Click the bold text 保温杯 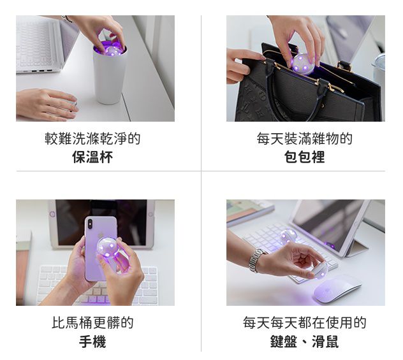[92, 157]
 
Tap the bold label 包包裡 [305, 157]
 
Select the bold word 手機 [92, 342]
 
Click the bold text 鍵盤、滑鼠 [305, 342]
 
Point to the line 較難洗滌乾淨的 [92, 138]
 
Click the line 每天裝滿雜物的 [305, 138]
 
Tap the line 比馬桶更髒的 [92, 323]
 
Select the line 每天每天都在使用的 [305, 323]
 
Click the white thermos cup [110, 76]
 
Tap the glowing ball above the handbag [303, 64]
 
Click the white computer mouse [337, 289]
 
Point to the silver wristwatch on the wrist [255, 261]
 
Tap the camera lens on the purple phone [90, 224]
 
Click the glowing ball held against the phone [108, 248]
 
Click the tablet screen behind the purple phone [101, 222]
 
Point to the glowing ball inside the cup [112, 50]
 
